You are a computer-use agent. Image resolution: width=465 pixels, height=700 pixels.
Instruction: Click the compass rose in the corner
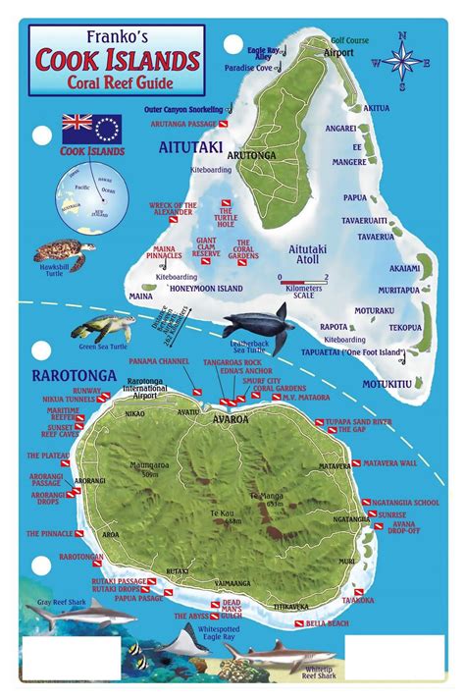pyautogui.click(x=401, y=59)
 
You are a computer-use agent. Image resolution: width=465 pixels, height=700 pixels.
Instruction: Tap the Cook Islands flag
pyautogui.click(x=91, y=129)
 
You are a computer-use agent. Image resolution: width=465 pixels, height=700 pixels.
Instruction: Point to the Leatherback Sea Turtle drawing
pyautogui.click(x=258, y=327)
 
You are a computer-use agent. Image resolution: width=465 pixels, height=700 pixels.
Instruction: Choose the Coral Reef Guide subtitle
pyautogui.click(x=120, y=81)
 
